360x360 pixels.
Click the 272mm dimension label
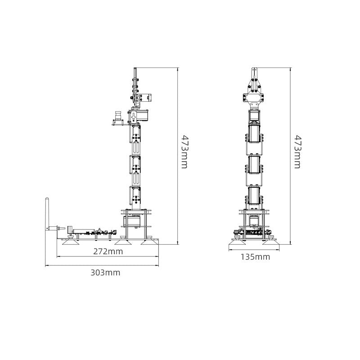108,252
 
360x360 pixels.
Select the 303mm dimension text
105,273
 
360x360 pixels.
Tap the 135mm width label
255,257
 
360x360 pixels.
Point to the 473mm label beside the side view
185,152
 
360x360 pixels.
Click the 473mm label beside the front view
297,152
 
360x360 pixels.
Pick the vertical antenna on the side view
47,213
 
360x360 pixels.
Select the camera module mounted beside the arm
118,118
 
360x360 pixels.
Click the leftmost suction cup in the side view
71,242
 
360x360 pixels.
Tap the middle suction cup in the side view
123,242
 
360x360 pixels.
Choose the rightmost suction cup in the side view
149,242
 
